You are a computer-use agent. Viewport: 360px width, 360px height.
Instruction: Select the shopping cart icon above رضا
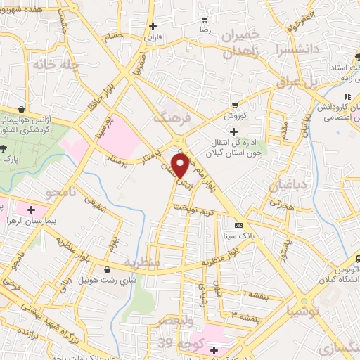coord(205,20)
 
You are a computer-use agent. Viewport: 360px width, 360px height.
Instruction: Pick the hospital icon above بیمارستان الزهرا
coord(31,209)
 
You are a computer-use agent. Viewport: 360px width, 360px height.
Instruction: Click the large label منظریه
coord(142,262)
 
